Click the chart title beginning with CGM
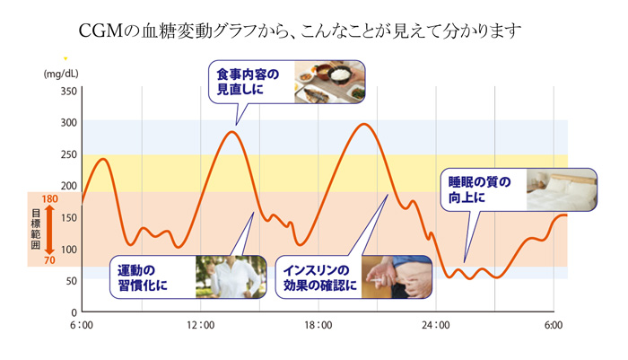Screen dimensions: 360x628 [314, 31]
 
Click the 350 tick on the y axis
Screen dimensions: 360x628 [68, 92]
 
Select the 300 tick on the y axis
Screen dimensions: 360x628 [68, 123]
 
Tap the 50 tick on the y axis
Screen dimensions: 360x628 [71, 281]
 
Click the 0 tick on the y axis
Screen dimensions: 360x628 [74, 312]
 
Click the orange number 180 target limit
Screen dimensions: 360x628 [49, 198]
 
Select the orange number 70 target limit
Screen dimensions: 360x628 [49, 261]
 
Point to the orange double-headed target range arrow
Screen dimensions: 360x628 [50, 230]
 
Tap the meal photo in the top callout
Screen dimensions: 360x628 [328, 81]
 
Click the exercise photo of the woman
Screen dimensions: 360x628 [231, 277]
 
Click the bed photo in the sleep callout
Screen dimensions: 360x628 [561, 189]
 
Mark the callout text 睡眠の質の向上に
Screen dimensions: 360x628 [481, 189]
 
